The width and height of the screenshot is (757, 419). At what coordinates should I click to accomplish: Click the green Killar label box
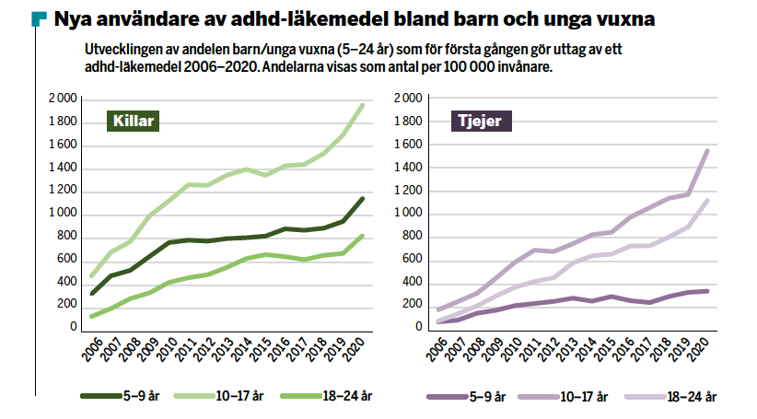point(134,121)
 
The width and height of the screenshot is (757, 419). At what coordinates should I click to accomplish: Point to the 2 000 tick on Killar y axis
point(63,99)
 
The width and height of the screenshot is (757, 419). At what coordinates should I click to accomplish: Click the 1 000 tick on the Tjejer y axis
point(408,213)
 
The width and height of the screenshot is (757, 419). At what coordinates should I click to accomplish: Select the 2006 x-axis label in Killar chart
point(90,353)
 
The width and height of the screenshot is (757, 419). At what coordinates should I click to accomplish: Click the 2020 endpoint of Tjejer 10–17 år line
point(707,150)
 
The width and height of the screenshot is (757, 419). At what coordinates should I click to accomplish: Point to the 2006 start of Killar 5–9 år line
point(92,294)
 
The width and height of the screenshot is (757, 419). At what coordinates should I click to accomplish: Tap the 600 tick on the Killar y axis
point(67,259)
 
